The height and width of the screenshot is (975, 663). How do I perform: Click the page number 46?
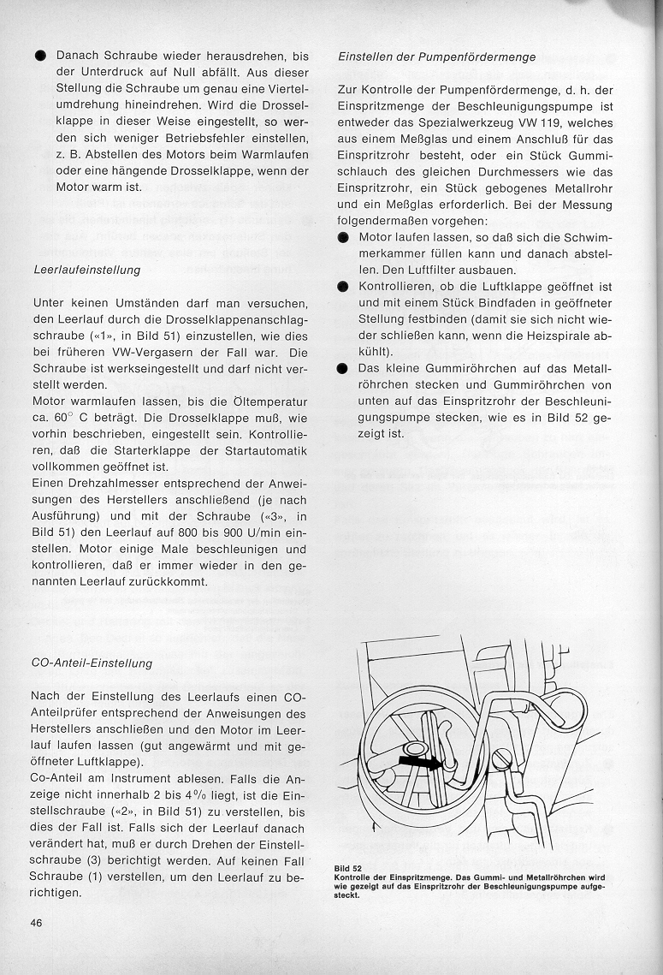coord(38,922)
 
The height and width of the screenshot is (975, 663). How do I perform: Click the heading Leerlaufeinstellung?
coord(86,270)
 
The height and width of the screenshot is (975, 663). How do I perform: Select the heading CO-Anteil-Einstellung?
coord(92,663)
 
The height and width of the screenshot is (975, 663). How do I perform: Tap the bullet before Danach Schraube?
coord(39,55)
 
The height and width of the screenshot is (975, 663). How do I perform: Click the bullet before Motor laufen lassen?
coord(343,237)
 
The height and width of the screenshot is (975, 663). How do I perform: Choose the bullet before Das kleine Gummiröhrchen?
coord(343,368)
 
